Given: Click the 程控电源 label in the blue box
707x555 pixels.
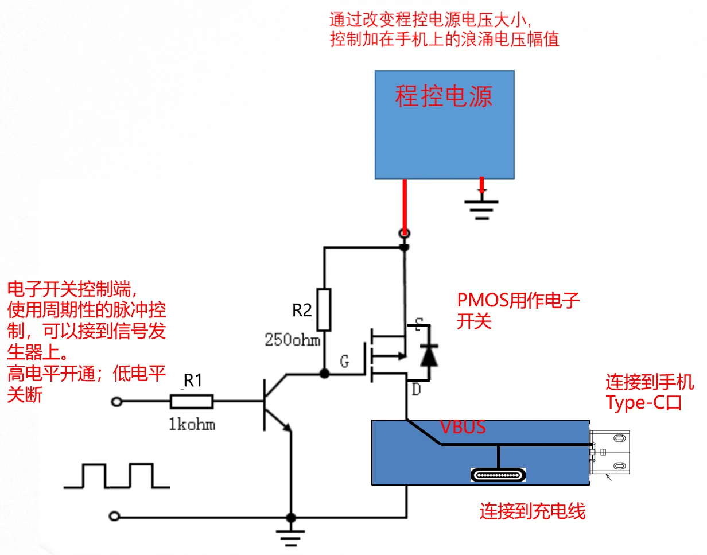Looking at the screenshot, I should [x=444, y=96].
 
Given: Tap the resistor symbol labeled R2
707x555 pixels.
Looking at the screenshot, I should [x=324, y=310].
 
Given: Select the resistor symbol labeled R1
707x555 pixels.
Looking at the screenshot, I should [x=192, y=402].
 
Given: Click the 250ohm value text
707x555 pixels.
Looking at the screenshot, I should [x=293, y=340].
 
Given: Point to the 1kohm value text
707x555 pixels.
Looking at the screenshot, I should [x=192, y=425].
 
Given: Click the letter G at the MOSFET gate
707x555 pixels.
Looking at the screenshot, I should [x=344, y=363].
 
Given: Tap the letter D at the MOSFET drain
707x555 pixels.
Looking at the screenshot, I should [x=415, y=391].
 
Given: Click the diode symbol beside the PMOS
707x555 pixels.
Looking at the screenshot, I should [x=428, y=355].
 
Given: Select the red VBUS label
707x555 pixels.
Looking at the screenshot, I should [x=463, y=427].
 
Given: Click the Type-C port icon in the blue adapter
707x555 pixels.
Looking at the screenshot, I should [x=498, y=475].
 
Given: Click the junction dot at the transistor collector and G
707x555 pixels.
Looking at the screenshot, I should [x=324, y=374].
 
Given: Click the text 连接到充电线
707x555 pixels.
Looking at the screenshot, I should [x=533, y=511].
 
